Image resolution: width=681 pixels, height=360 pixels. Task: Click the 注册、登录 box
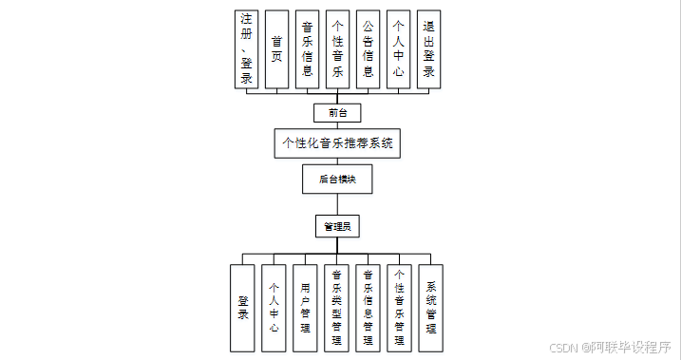(246, 49)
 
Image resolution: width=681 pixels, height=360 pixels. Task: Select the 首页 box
(276, 49)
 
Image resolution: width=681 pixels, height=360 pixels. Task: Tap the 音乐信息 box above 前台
(307, 49)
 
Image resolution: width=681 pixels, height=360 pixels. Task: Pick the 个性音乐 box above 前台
(337, 49)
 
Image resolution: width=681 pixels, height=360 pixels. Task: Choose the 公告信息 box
(368, 49)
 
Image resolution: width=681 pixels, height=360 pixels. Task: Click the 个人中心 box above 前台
(398, 49)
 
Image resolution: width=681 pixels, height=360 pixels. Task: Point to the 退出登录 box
(428, 49)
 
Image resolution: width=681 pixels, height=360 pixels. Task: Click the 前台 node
(337, 113)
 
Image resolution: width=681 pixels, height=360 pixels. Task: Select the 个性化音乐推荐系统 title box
(337, 143)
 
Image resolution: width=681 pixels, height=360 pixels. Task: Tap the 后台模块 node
(337, 179)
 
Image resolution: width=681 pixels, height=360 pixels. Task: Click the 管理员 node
(337, 226)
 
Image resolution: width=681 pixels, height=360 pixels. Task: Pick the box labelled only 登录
(242, 308)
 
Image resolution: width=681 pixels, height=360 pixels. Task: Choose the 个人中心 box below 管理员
(274, 308)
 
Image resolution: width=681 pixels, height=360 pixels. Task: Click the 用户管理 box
(305, 308)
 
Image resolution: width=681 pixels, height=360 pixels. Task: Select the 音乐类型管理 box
(336, 308)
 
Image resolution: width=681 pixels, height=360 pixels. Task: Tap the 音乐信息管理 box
(368, 308)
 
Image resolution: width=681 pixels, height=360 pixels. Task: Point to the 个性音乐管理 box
(399, 308)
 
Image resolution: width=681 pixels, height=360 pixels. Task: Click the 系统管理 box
(431, 308)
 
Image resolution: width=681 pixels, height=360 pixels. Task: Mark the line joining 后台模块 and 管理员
(337, 204)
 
